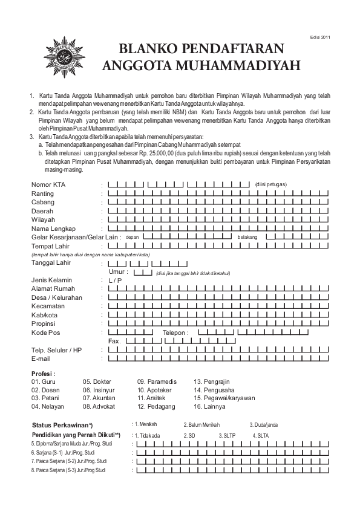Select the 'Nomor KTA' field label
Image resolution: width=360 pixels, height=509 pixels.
click(x=49, y=184)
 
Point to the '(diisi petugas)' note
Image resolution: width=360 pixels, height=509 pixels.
click(x=270, y=184)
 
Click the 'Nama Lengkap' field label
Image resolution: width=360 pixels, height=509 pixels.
click(x=53, y=229)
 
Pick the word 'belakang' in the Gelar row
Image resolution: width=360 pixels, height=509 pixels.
click(x=247, y=238)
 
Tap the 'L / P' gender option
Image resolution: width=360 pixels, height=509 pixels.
click(x=115, y=280)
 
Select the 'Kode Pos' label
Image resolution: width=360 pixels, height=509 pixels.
click(x=47, y=333)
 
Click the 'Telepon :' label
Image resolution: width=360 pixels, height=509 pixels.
click(x=176, y=333)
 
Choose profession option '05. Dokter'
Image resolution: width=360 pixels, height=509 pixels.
click(x=97, y=382)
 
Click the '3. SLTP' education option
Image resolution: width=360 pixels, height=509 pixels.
click(x=227, y=435)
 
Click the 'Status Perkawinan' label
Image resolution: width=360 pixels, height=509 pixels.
click(x=62, y=424)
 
